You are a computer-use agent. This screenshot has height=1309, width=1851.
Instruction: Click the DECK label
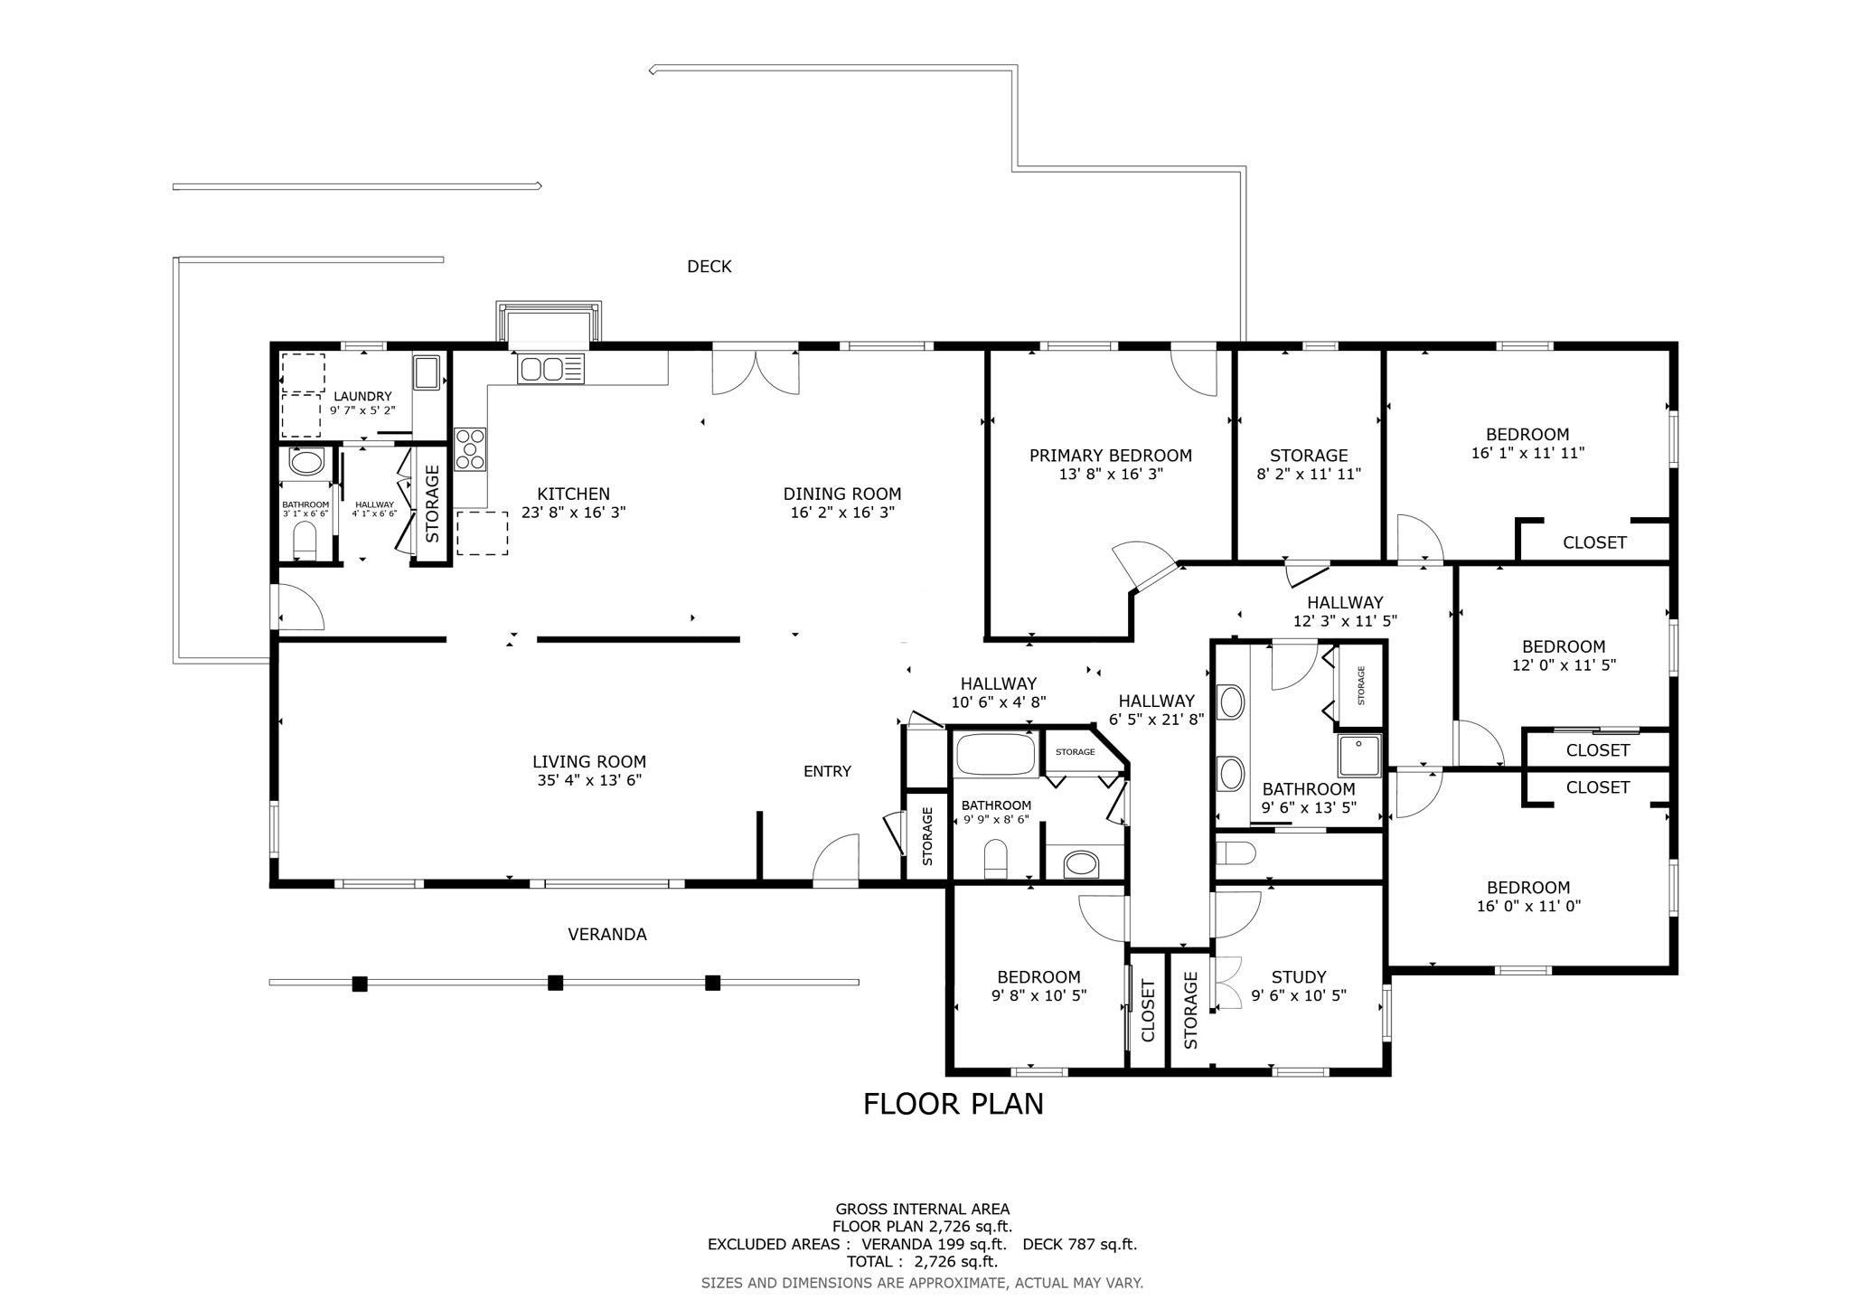pos(709,267)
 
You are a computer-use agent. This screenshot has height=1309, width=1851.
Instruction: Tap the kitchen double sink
pos(550,369)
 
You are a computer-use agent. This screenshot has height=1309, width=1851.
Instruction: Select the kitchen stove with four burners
pos(470,449)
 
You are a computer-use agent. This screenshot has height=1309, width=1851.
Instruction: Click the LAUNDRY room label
pos(362,396)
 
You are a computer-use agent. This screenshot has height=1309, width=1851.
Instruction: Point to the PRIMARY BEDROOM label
pos(1110,456)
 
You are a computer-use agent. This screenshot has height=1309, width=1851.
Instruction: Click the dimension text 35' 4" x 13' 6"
pos(588,780)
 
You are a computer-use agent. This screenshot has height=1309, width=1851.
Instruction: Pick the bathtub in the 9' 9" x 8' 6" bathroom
pos(995,754)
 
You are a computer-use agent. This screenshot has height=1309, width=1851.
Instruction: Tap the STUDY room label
pos(1298,976)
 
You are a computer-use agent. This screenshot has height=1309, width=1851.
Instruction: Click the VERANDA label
pos(606,935)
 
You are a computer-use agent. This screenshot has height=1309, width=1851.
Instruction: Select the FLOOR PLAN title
pos(953,1104)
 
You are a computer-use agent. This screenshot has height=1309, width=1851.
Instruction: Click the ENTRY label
pos(827,771)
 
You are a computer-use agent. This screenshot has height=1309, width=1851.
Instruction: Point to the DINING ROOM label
pos(841,494)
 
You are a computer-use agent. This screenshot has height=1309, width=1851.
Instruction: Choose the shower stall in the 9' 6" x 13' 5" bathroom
pos(1359,756)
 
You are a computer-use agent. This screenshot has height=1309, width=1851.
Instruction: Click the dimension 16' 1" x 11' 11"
pos(1527,453)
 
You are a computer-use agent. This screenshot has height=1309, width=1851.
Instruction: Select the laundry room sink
pos(427,372)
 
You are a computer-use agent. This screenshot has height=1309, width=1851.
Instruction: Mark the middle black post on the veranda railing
pos(556,983)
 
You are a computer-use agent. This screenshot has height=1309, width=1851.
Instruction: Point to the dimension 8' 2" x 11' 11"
pos(1309,474)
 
